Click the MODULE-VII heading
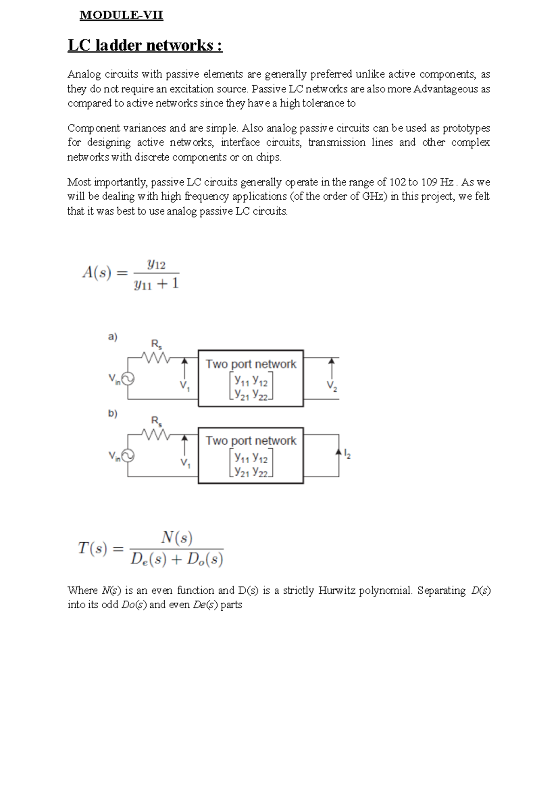click(121, 15)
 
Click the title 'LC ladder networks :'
click(145, 46)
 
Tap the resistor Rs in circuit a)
click(155, 357)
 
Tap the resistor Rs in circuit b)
click(155, 434)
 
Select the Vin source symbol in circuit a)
click(128, 379)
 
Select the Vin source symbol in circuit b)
click(128, 456)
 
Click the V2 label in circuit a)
click(332, 386)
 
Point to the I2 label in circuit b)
click(347, 454)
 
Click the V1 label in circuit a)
click(185, 386)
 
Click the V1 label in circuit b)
click(185, 463)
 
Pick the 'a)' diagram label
click(113, 336)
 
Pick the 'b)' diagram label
click(113, 413)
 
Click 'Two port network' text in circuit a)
click(251, 364)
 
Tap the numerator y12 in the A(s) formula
click(156, 264)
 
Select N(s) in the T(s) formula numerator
click(177, 538)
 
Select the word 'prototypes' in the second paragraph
click(466, 128)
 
